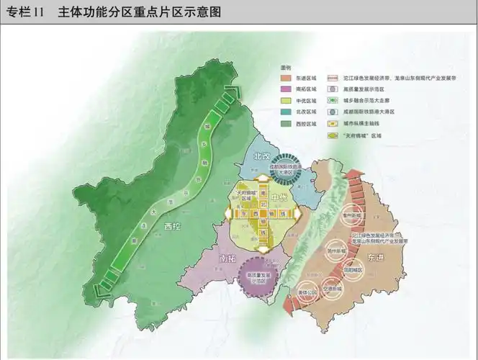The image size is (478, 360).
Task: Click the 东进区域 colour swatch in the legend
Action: pyautogui.click(x=284, y=76)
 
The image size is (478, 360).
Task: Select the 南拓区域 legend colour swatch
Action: pyautogui.click(x=284, y=88)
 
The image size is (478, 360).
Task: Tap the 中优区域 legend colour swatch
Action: pyautogui.click(x=284, y=100)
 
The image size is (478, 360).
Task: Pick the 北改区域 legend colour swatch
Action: pyautogui.click(x=284, y=112)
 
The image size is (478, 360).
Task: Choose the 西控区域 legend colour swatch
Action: pyautogui.click(x=284, y=125)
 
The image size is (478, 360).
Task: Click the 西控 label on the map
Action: pyautogui.click(x=172, y=227)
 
